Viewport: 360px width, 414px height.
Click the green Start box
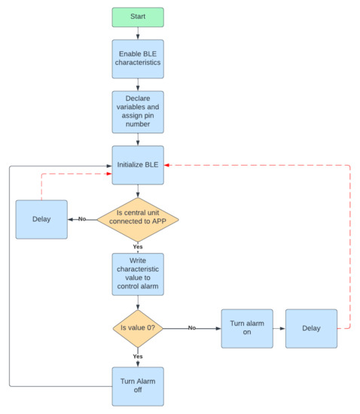click(138, 17)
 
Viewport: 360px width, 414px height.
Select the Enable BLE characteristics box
click(138, 58)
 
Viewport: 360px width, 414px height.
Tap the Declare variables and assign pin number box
click(138, 111)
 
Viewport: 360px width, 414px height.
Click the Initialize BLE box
click(138, 164)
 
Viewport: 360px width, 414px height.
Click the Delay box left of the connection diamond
click(42, 219)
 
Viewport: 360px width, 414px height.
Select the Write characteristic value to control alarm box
click(138, 276)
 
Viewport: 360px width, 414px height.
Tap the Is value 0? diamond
click(138, 328)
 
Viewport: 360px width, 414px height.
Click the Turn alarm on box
click(246, 328)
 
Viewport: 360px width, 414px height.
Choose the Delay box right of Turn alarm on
click(310, 328)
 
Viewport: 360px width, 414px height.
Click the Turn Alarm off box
click(138, 386)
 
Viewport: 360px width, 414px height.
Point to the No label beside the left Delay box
click(81, 219)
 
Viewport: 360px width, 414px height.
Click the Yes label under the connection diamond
click(138, 246)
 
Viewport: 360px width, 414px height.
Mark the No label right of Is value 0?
click(191, 328)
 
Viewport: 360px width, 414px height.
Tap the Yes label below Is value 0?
click(138, 356)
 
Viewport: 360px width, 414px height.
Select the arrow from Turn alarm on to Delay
click(279, 328)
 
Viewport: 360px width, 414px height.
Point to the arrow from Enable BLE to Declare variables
click(138, 84)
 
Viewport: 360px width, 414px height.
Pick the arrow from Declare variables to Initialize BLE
click(138, 139)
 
